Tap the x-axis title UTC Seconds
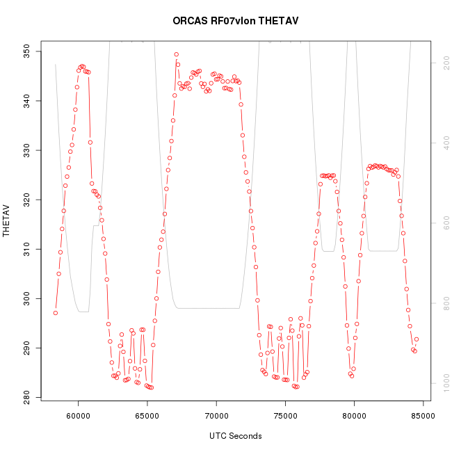(235, 436)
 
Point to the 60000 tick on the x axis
(78, 416)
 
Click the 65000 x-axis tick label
(147, 416)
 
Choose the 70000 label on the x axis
(216, 416)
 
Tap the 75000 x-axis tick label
(284, 416)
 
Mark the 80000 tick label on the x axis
(353, 416)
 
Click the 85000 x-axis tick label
(422, 416)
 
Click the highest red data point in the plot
(177, 54)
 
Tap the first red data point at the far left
(56, 313)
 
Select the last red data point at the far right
(416, 339)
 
